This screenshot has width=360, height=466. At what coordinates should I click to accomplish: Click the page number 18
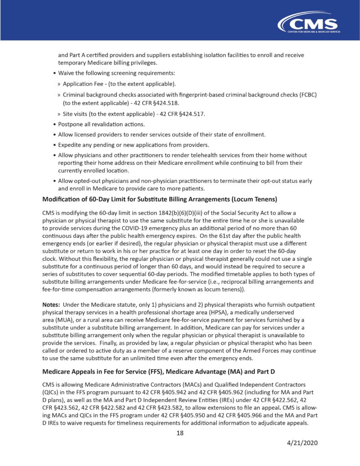point(180,433)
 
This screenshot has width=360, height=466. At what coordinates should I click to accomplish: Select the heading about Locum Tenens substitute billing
point(160,199)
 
